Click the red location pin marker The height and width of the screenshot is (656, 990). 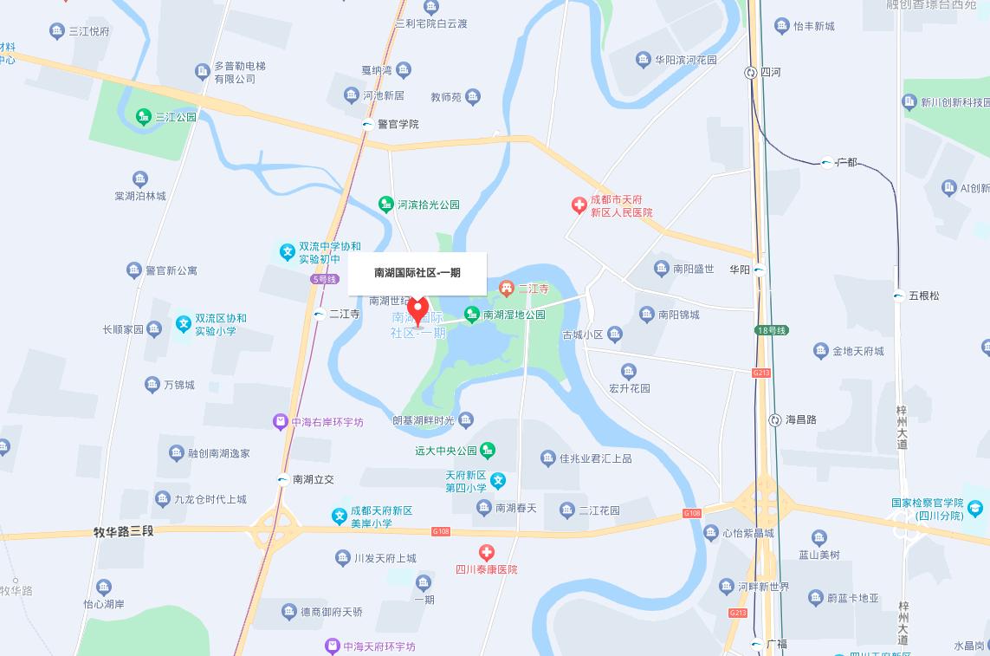pos(417,310)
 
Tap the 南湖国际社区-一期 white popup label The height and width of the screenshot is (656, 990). pos(417,273)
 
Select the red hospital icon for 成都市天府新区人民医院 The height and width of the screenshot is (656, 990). pos(579,205)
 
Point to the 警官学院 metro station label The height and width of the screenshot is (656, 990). pos(398,124)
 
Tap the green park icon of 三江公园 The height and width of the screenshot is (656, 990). pos(143,116)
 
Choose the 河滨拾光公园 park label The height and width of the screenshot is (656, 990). pos(428,205)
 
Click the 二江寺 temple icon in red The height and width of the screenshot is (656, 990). pos(507,288)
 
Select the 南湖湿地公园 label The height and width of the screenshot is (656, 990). pos(514,315)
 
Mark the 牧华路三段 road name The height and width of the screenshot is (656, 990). pos(123,530)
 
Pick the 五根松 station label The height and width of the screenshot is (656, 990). pos(924,296)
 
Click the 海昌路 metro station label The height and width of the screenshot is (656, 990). pos(800,419)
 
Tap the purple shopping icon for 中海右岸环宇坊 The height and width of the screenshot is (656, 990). pos(280,422)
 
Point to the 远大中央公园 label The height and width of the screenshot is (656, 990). pos(446,451)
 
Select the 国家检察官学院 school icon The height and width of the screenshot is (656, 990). pos(975,508)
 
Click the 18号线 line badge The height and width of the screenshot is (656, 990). pos(771,330)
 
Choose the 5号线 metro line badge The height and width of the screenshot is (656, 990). pos(324,279)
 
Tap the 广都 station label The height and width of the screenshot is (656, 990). pos(846,162)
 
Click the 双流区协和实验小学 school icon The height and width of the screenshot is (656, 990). pos(183,323)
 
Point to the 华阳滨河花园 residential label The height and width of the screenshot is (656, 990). pos(686,60)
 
